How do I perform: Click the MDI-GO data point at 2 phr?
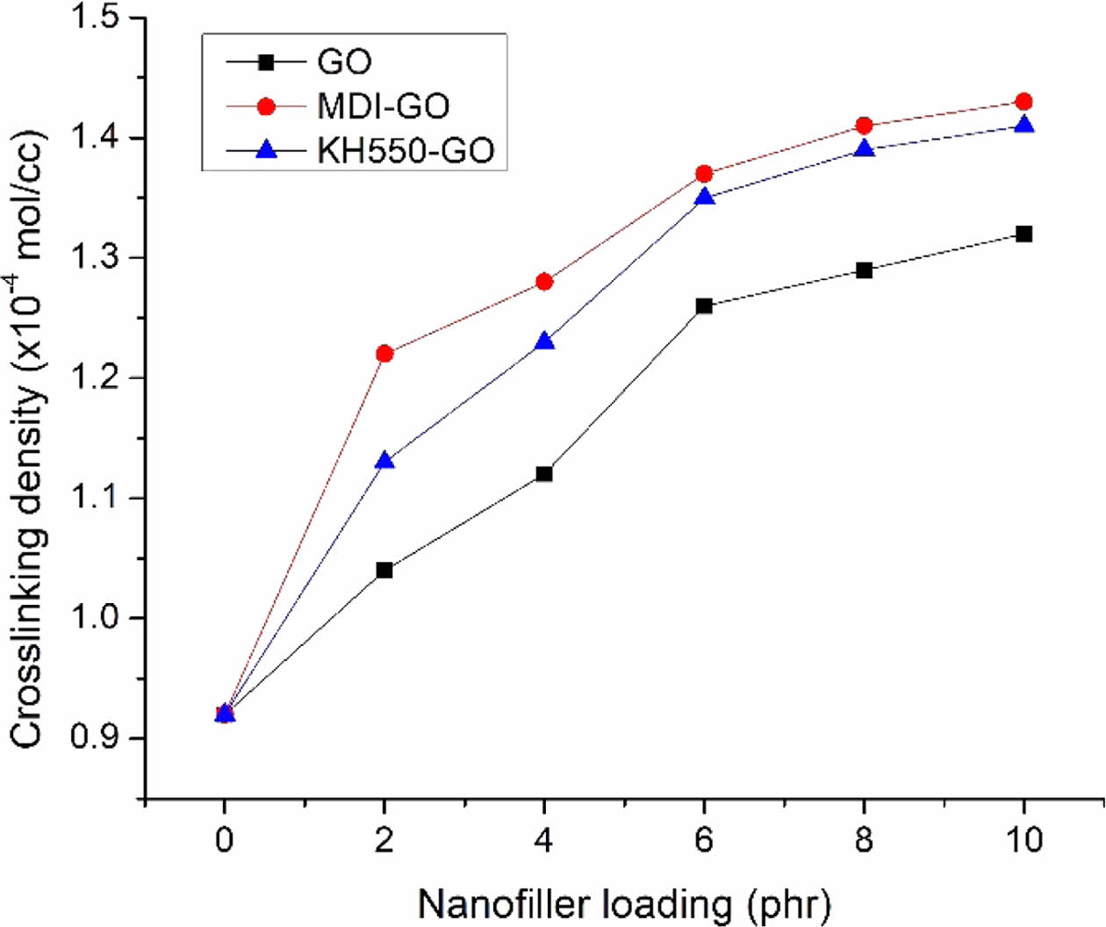(x=384, y=354)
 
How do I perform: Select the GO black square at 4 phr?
(x=544, y=474)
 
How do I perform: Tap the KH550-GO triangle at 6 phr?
(x=704, y=197)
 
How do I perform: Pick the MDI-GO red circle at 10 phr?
(x=1023, y=102)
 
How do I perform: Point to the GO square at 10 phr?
(x=1023, y=234)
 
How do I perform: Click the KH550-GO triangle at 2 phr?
(x=384, y=460)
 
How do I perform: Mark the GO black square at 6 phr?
(x=704, y=306)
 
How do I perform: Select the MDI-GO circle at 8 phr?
(x=864, y=126)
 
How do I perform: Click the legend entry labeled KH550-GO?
(x=406, y=151)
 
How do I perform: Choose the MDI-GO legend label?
(x=384, y=107)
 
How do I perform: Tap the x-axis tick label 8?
(x=864, y=840)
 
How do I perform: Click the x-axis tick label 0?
(x=225, y=840)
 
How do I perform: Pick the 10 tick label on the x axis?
(x=1023, y=840)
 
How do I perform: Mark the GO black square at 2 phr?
(x=384, y=571)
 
